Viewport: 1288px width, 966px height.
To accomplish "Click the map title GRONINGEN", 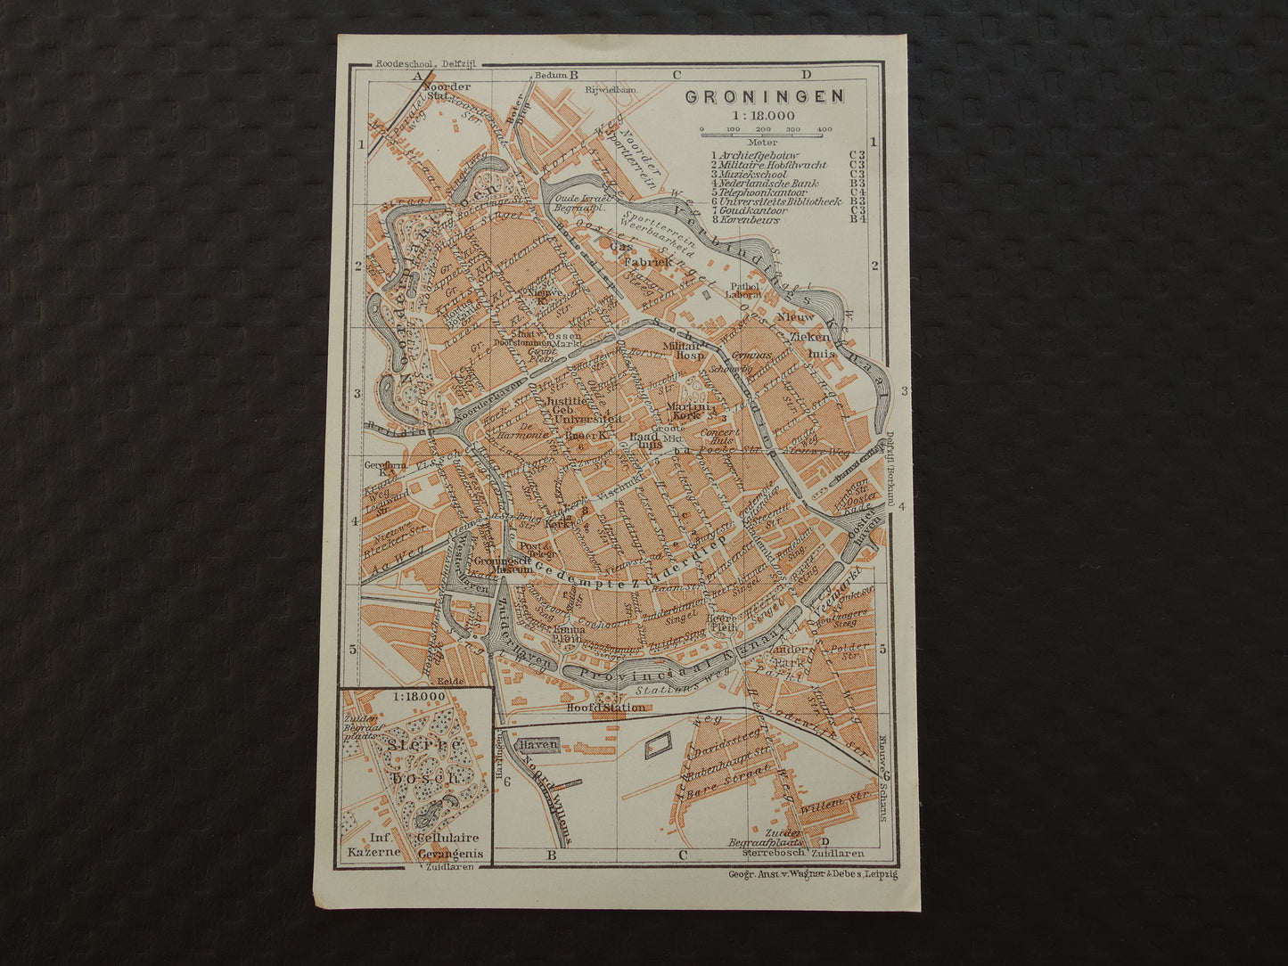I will [763, 97].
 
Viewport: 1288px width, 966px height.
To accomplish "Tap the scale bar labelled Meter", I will [766, 134].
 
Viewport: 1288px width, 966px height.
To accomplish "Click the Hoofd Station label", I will [605, 708].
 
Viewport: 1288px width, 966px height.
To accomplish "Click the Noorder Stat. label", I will [447, 92].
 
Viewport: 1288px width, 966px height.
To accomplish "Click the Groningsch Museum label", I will [502, 562].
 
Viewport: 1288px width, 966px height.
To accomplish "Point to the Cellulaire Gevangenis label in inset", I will [447, 845].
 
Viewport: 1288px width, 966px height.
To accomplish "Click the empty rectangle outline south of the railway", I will [658, 747].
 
